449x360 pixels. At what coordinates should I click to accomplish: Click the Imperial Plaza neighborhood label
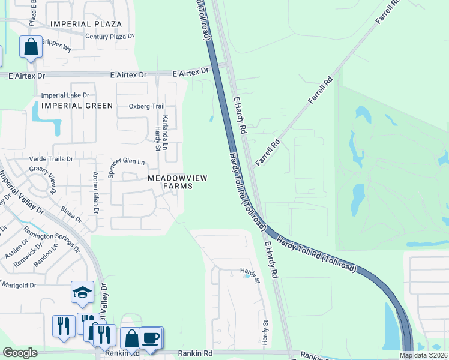(86, 24)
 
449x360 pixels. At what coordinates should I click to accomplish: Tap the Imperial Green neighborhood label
(77, 106)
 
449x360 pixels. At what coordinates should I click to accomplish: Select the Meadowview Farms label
(170, 182)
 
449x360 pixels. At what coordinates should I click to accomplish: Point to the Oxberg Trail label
(146, 106)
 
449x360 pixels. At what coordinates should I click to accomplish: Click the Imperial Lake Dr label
(65, 95)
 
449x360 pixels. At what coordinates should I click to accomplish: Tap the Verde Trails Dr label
(51, 159)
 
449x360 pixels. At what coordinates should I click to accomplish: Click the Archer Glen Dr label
(95, 193)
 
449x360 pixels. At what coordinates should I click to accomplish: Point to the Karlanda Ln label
(166, 130)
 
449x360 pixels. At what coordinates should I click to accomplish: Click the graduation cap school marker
(82, 292)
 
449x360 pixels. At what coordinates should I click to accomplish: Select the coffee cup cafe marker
(150, 338)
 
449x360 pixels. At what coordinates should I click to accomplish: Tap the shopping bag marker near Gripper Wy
(31, 47)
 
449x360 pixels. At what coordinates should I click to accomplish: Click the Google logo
(20, 353)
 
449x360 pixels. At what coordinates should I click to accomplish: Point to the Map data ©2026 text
(424, 355)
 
